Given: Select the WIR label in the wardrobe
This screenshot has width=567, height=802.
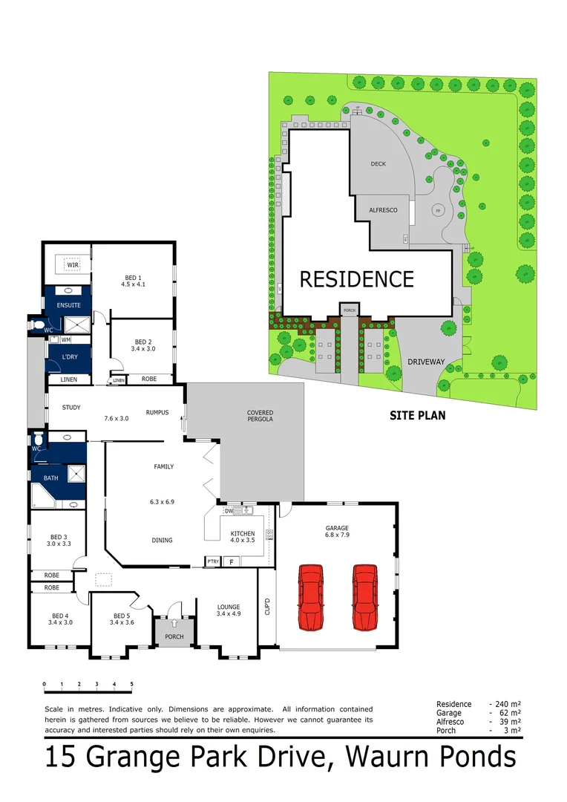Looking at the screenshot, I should (73, 265).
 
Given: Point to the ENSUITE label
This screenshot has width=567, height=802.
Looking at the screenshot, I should (68, 305).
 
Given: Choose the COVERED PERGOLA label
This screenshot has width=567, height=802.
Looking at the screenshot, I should (260, 417).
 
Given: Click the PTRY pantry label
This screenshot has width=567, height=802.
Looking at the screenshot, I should (213, 562).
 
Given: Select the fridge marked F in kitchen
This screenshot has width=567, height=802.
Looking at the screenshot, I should (232, 562).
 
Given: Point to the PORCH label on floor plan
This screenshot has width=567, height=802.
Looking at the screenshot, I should (174, 636).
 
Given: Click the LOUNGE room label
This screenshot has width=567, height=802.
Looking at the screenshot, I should (229, 610).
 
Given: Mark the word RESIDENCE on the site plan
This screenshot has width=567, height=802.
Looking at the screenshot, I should (356, 279).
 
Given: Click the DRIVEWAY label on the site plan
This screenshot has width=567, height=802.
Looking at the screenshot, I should (426, 362).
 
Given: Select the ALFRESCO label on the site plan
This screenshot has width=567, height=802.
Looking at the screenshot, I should (383, 210).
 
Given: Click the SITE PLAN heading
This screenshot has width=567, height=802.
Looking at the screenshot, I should (418, 416).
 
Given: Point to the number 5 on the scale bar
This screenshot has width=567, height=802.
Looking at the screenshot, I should (131, 684).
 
